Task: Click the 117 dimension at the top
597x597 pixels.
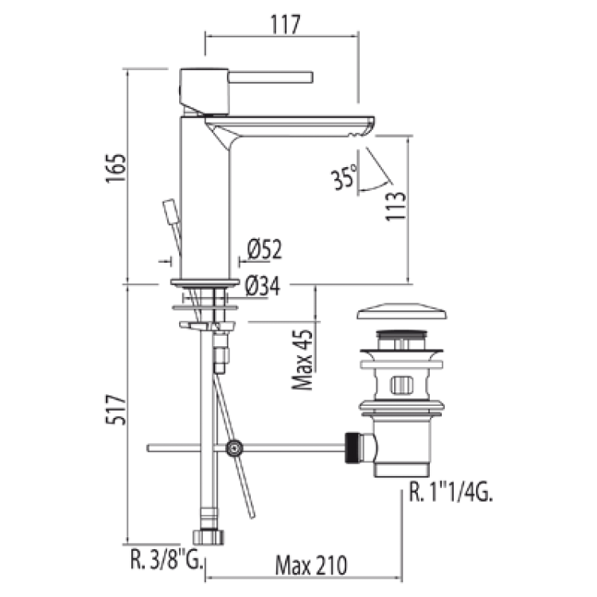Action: coord(286,25)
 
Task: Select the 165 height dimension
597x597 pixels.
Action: coord(115,169)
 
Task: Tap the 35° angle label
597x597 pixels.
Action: coord(345,177)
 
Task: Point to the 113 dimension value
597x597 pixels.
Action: coord(395,205)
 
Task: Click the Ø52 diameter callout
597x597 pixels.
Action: coord(264,249)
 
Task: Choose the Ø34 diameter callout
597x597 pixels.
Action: coord(263,286)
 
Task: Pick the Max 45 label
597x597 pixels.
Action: coord(302,360)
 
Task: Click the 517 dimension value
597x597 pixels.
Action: coord(115,410)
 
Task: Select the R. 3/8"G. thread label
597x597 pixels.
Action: coord(166,559)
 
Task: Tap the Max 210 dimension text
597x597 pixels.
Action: coord(311,565)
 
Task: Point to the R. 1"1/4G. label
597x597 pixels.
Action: coord(451,492)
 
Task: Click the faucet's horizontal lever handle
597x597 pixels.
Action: coord(271,77)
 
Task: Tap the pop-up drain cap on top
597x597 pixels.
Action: coord(402,311)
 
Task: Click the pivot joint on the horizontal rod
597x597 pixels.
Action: coord(234,448)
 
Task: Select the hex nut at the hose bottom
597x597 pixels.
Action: coord(209,537)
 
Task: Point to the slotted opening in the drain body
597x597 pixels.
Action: coord(401,385)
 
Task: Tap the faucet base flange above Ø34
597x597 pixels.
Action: coord(205,283)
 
